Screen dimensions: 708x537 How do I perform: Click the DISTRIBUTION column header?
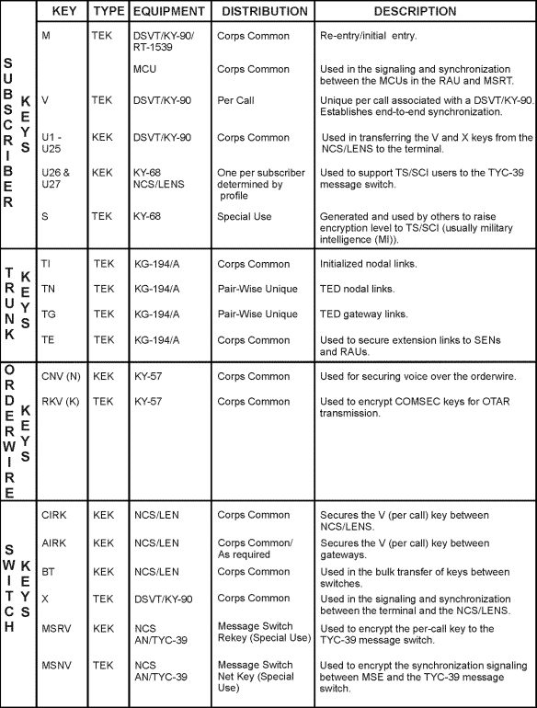click(x=262, y=11)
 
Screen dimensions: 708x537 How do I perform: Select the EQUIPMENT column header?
click(x=169, y=11)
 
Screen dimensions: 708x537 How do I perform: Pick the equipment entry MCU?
click(x=145, y=69)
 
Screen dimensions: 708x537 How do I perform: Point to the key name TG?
click(x=50, y=314)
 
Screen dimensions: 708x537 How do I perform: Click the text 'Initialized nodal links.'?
click(x=365, y=264)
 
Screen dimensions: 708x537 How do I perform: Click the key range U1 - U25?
click(x=53, y=143)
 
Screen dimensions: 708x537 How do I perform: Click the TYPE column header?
click(x=107, y=11)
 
